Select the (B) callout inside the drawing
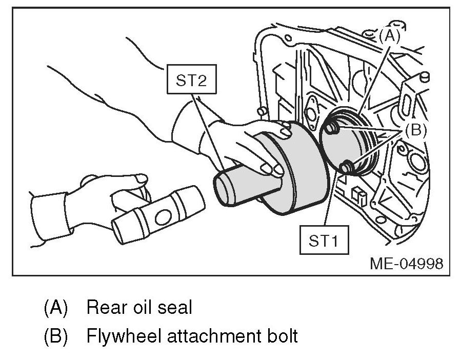415,130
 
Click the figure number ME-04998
406,264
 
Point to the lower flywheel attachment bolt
347,167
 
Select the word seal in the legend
174,308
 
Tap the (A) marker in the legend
56,308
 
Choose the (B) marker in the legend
56,337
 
